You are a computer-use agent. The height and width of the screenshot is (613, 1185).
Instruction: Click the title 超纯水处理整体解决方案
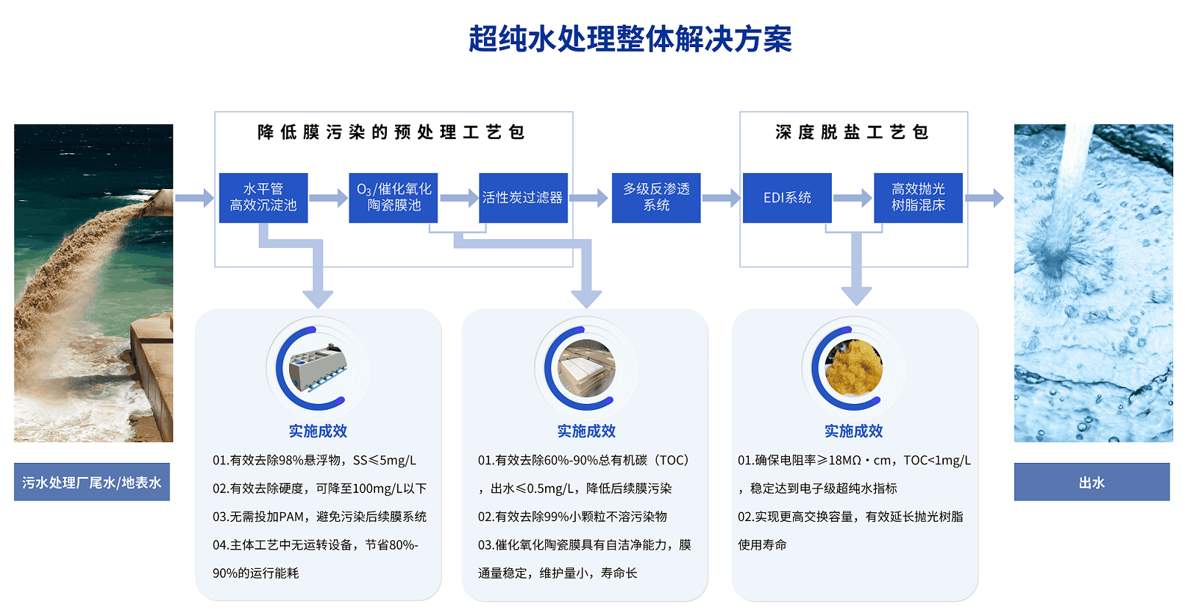coord(630,40)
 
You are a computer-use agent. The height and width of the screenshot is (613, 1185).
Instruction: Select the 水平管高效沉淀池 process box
coord(263,198)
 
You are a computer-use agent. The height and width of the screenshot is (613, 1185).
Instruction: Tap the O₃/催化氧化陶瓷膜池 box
coord(394,198)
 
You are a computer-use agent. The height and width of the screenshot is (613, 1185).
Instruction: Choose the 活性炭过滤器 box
coord(523,198)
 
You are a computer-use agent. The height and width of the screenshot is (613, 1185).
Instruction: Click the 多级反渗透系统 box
coord(656,198)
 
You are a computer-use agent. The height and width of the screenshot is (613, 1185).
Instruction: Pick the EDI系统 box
coord(787,198)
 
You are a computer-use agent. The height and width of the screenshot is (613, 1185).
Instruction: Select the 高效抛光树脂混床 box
coord(918,198)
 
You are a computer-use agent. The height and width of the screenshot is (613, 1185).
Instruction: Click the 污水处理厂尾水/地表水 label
coord(92,482)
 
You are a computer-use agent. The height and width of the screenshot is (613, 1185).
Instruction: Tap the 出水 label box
coord(1092,482)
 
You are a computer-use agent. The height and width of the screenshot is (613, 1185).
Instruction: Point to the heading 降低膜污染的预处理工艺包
coord(391,132)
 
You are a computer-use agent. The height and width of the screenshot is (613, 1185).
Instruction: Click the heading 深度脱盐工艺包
coord(853,132)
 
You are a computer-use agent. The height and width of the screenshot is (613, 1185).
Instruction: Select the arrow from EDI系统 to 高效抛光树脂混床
coord(853,198)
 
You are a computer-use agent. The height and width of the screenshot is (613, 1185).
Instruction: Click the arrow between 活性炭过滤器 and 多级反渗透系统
coord(589,198)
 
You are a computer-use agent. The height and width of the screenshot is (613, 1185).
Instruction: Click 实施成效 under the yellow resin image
coord(853,431)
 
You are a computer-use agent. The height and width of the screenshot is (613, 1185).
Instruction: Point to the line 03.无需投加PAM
coord(319,517)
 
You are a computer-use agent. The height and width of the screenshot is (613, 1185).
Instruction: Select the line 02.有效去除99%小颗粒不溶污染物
coord(572,517)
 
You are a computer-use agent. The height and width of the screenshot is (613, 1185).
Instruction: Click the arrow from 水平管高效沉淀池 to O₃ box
coord(328,198)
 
